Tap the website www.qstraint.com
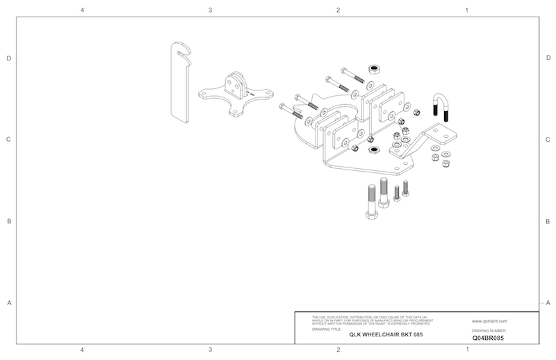[489, 321]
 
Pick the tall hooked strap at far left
[179, 82]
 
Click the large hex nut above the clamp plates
[373, 69]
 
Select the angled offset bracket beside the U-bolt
[424, 142]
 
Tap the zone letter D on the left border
[9, 58]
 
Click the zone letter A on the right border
[548, 302]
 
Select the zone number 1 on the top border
[466, 10]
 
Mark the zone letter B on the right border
[548, 222]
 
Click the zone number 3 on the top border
[210, 10]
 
